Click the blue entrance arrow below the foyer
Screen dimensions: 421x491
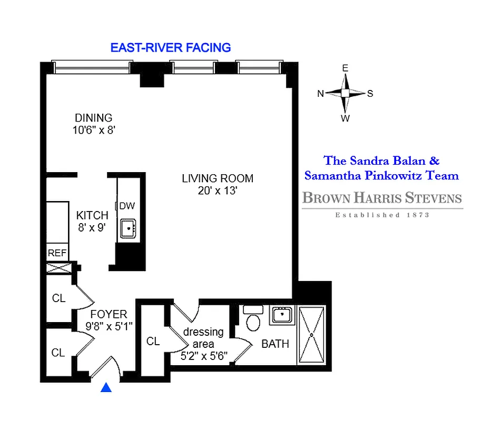106,388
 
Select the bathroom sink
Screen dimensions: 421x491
282,316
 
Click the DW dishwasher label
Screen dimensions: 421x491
126,206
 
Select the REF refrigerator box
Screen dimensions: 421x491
57,253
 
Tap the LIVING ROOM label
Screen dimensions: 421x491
218,178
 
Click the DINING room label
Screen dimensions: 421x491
93,118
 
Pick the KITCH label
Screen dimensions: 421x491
92,215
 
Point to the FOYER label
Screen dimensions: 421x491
109,315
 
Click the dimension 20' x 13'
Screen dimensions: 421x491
218,191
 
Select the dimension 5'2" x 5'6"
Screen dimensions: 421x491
203,355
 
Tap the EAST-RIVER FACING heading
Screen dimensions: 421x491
171,47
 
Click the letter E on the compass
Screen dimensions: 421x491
345,68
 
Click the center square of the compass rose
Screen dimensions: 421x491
345,93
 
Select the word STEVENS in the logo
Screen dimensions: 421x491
429,198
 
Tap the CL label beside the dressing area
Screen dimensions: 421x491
153,342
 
